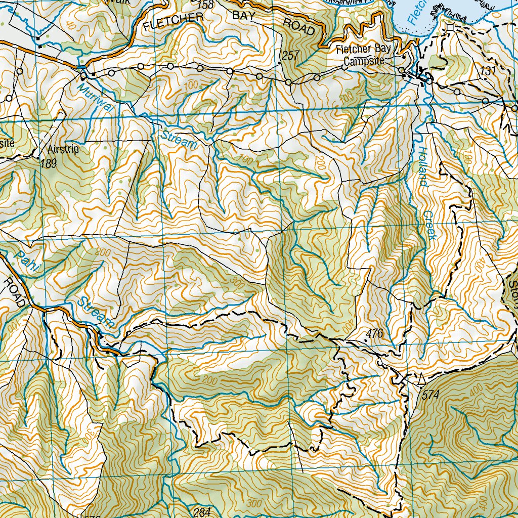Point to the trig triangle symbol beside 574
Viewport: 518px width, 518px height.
[421, 377]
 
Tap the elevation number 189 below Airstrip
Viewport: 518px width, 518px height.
[49, 163]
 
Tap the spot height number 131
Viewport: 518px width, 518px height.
[487, 72]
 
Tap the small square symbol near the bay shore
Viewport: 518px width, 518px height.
[450, 27]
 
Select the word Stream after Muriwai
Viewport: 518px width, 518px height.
[179, 140]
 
